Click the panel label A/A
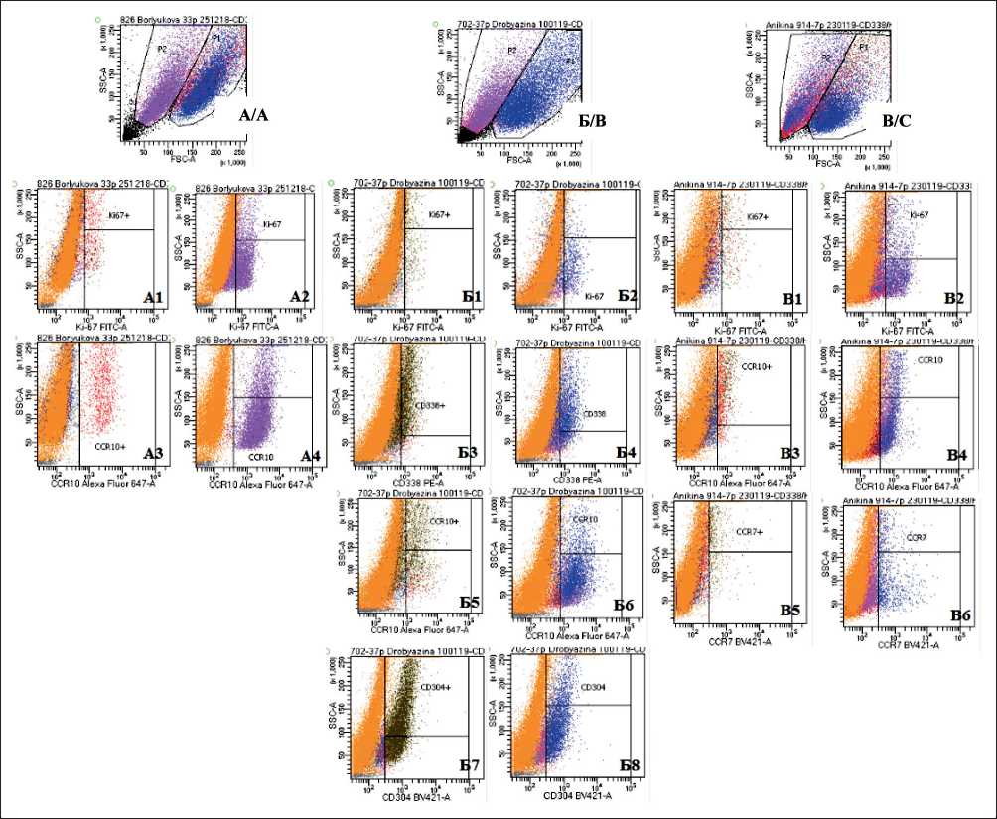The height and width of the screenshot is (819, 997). click(253, 116)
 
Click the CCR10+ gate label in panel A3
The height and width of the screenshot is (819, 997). click(110, 447)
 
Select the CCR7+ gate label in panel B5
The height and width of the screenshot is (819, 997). click(749, 532)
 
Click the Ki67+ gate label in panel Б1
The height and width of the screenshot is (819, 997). click(439, 214)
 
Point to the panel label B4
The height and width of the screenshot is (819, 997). click(957, 455)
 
